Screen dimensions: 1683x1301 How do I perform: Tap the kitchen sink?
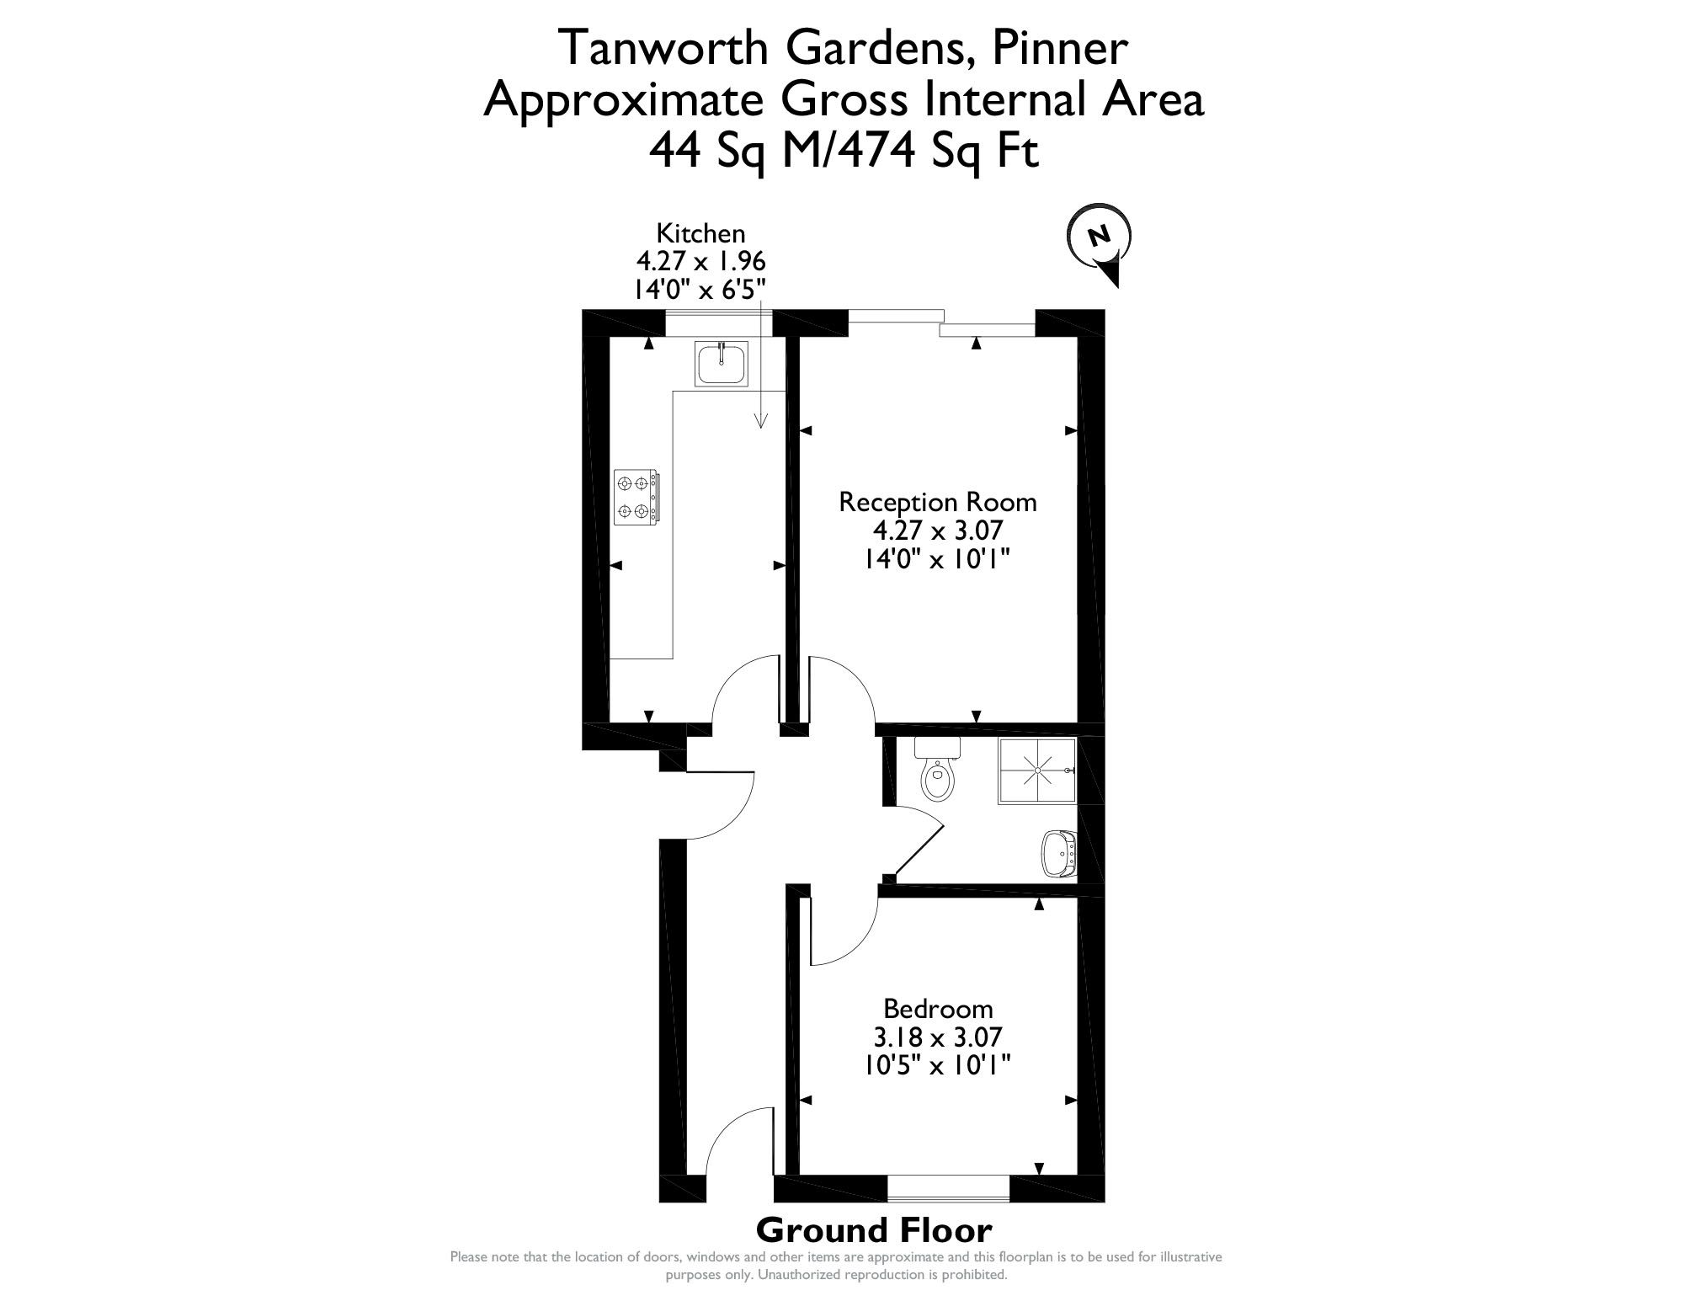click(722, 365)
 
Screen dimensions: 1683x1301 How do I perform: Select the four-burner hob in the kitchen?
click(636, 498)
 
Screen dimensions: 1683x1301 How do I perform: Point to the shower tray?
click(1037, 770)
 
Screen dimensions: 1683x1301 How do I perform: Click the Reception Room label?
click(938, 503)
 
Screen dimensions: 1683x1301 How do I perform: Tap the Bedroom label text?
click(938, 1008)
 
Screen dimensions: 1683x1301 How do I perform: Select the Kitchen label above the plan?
click(700, 232)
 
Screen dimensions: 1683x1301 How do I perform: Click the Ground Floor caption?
click(874, 1230)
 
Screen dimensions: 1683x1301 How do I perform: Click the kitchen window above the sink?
click(719, 323)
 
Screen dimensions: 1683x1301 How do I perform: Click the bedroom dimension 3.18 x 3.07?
click(938, 1037)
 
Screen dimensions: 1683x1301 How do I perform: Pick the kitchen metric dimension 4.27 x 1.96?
click(700, 260)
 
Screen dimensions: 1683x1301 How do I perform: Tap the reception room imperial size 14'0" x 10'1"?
click(938, 559)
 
